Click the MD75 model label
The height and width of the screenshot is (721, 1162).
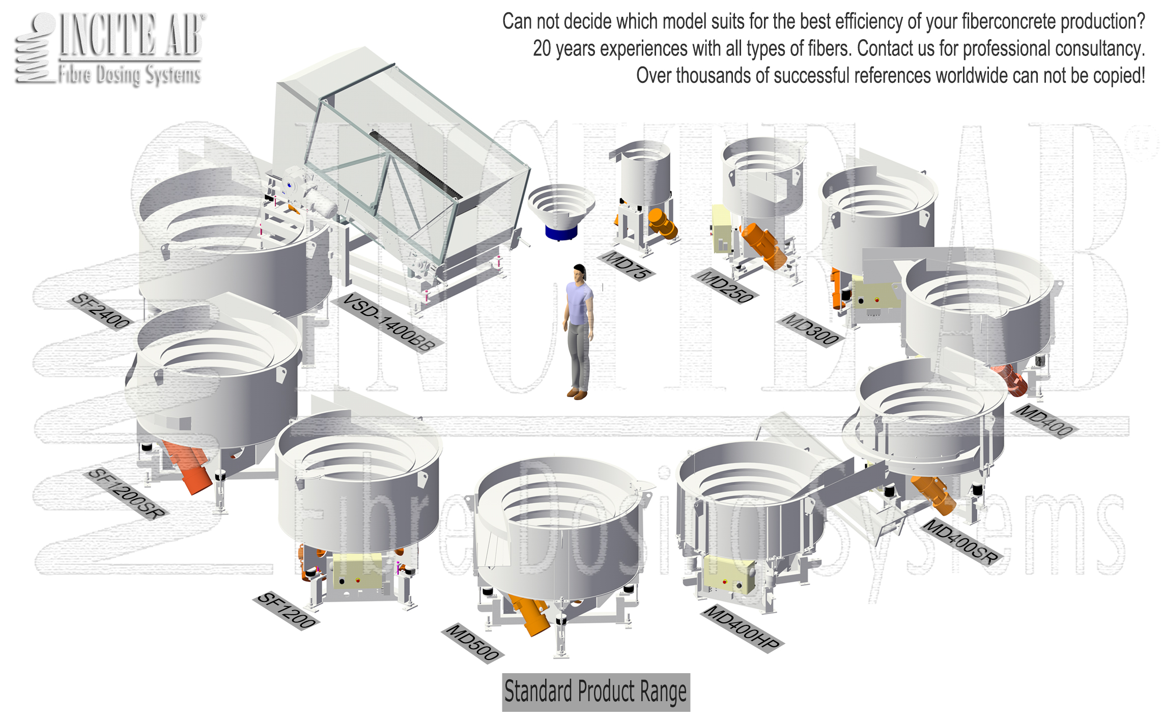pos(626,265)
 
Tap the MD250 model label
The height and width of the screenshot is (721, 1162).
pos(725,286)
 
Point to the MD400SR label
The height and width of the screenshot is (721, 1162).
pos(960,542)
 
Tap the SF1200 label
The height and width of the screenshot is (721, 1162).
pos(286,610)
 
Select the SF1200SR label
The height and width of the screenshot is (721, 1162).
pos(126,494)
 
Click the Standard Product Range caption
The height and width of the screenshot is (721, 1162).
pos(596,692)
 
